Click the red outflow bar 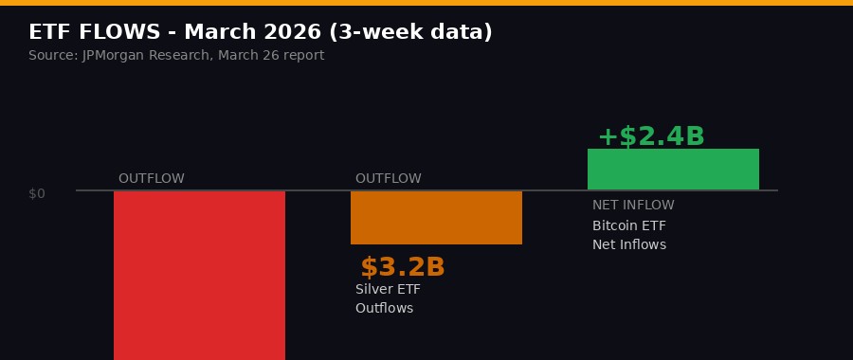pyautogui.click(x=199, y=275)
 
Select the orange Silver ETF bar pyautogui.click(x=436, y=218)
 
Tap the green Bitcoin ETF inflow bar pyautogui.click(x=673, y=170)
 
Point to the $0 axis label pyautogui.click(x=37, y=193)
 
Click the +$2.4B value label pyautogui.click(x=651, y=136)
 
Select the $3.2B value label pyautogui.click(x=403, y=268)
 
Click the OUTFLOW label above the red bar pyautogui.click(x=152, y=179)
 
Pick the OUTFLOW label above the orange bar pyautogui.click(x=389, y=179)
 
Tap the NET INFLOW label pyautogui.click(x=633, y=206)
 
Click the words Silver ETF pyautogui.click(x=388, y=290)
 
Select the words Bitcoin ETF pyautogui.click(x=629, y=226)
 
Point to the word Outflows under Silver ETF pyautogui.click(x=384, y=309)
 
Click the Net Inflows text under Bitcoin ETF pyautogui.click(x=629, y=245)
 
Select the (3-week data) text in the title pyautogui.click(x=410, y=32)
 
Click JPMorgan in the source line pyautogui.click(x=116, y=56)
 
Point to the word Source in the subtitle pyautogui.click(x=51, y=56)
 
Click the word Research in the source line pyautogui.click(x=182, y=56)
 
